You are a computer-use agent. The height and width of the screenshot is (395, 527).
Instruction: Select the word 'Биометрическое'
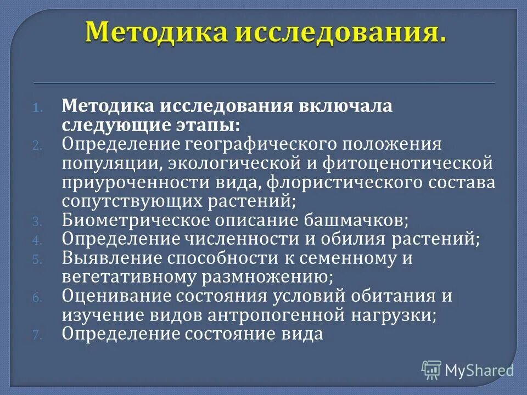[x=131, y=221]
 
